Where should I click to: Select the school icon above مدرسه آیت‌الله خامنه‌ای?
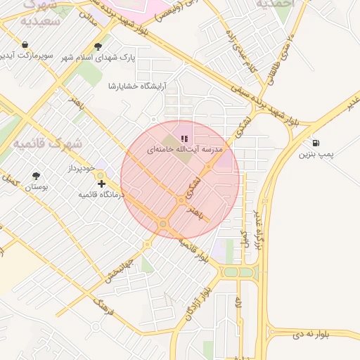click(184, 139)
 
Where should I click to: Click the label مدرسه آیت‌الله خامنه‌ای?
click(184, 150)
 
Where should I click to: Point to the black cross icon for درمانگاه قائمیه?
click(102, 184)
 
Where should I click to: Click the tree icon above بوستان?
click(37, 176)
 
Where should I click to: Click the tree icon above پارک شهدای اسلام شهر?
click(98, 46)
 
